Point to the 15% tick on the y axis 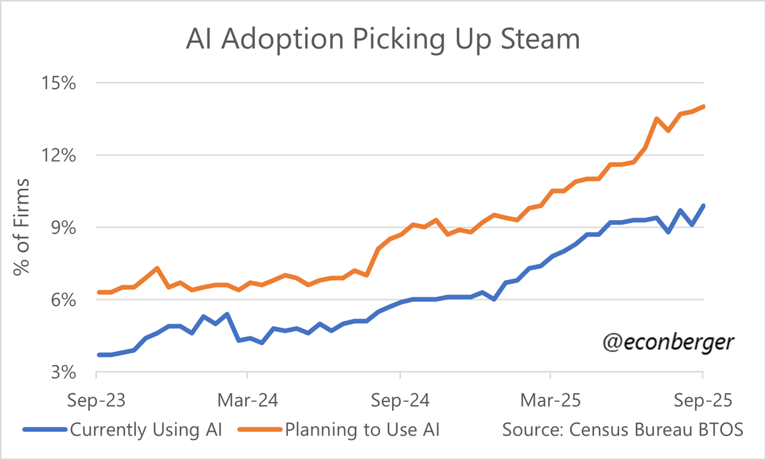pos(59,84)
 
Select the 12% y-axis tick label pos(59,156)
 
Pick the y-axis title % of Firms pos(23,227)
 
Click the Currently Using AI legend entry pos(123,429)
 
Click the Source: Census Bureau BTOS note pos(622,429)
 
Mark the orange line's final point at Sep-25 pos(703,107)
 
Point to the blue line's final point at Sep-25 pos(703,205)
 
